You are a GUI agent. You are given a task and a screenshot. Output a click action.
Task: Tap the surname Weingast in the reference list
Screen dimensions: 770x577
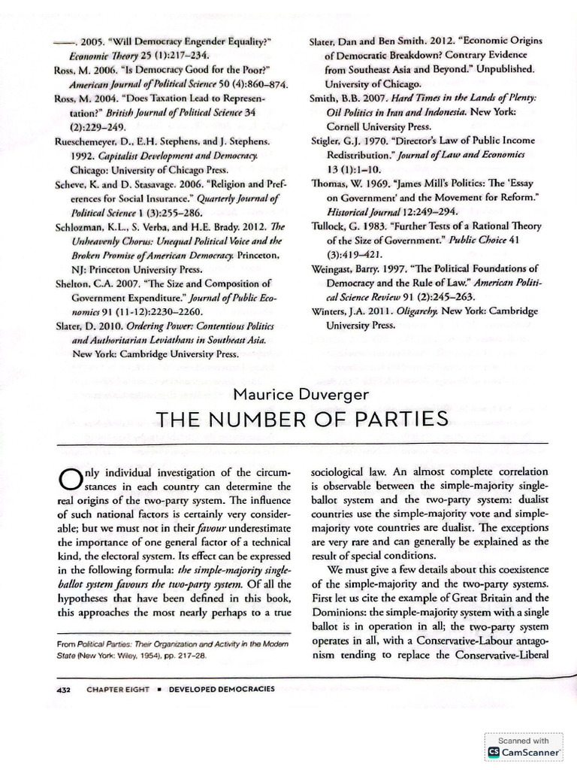tap(337, 268)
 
